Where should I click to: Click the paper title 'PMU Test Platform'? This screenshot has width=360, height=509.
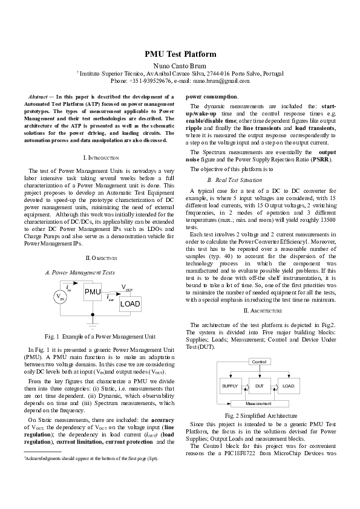click(x=180, y=54)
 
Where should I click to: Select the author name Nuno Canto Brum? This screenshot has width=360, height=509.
click(x=180, y=65)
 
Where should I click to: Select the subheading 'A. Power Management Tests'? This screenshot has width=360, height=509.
click(x=80, y=273)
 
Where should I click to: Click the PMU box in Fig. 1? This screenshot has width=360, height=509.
click(x=92, y=293)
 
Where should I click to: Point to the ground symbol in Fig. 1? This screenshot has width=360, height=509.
click(x=92, y=325)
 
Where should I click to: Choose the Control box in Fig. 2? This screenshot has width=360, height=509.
click(x=258, y=362)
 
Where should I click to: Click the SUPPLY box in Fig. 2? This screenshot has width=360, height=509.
click(x=230, y=385)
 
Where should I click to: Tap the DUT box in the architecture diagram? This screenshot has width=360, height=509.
click(x=259, y=385)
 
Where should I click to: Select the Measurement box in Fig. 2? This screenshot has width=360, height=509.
click(x=258, y=403)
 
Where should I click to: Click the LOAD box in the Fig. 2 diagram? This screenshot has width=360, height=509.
click(x=288, y=385)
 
